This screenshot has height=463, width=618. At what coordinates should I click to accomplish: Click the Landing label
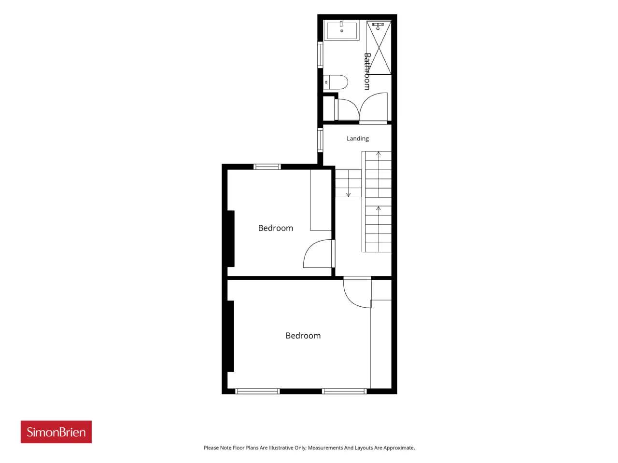pos(357,138)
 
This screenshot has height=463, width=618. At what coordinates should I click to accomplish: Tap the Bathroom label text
pos(367,71)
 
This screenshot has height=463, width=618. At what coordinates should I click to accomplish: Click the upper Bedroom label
pos(275,228)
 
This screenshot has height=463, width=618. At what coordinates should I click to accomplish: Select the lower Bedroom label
pos(303,335)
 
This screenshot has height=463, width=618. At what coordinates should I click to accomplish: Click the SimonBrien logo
pos(56,432)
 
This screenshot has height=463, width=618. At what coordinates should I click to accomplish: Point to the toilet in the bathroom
pos(336,82)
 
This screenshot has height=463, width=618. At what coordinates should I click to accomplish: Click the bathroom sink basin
pos(341,30)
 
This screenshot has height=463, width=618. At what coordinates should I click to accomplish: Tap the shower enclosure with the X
pos(379,48)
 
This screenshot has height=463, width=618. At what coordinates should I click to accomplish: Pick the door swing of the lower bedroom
pos(356,294)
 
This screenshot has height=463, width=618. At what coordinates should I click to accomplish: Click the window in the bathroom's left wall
pos(320,54)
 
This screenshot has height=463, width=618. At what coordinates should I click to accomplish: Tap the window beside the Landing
pos(320,140)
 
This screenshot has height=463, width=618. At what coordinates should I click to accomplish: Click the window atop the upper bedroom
pos(267,167)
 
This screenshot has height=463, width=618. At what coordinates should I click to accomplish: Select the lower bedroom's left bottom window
pos(257,391)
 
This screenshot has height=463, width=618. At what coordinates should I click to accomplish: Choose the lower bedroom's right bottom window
pos(344,391)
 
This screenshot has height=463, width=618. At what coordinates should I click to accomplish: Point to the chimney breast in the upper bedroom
pos(231,239)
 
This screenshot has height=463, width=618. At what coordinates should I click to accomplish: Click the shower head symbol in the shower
pos(378,26)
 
